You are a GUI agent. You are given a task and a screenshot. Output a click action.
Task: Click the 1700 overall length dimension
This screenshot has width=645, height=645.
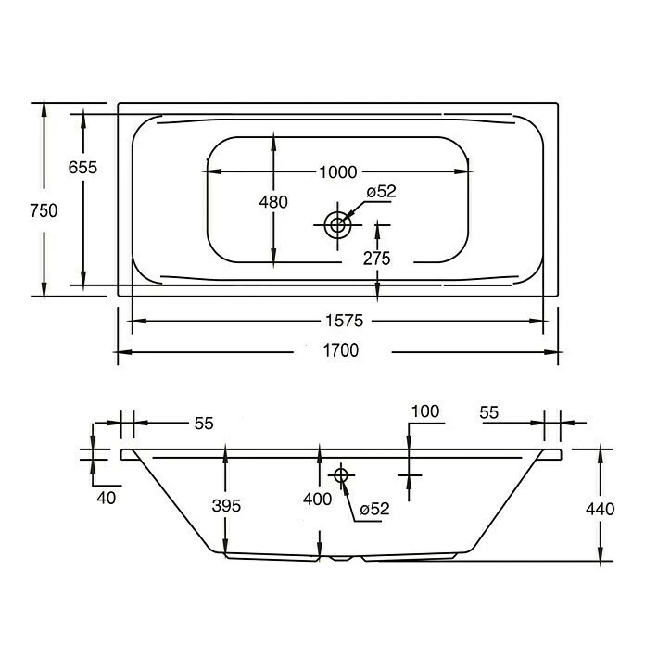point(340,351)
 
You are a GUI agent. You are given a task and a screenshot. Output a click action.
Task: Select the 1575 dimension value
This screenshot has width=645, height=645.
point(340,321)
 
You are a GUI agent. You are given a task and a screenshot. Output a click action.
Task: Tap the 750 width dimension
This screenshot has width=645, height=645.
point(43,210)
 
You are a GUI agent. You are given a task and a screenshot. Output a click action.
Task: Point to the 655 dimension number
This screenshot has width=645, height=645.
point(82,167)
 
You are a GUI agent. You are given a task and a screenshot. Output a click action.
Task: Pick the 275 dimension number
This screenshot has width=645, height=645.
point(376,259)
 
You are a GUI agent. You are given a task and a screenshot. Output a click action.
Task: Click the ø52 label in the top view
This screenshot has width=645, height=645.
point(381,192)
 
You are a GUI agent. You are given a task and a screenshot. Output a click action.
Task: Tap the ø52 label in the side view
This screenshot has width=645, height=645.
point(374,509)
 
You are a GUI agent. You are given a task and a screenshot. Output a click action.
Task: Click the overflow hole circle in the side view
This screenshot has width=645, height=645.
point(340,475)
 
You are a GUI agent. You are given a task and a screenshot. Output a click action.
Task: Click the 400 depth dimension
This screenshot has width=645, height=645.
point(318,500)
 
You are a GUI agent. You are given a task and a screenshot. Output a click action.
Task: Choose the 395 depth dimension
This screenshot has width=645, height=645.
point(226,506)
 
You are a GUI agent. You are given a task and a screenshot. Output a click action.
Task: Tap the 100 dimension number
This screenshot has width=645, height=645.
point(425,411)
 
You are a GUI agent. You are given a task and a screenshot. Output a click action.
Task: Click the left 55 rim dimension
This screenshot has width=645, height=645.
point(204,423)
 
